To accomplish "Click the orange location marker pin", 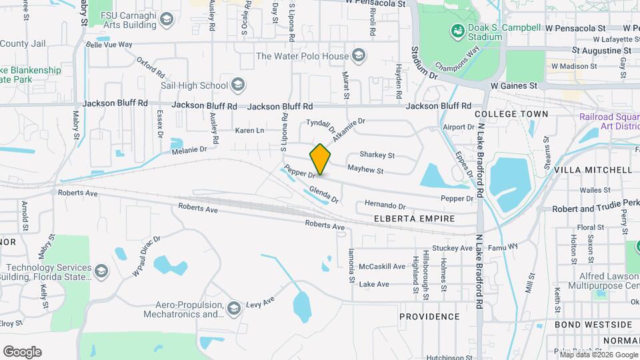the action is (x=320, y=159).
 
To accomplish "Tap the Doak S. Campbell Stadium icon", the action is (x=457, y=31).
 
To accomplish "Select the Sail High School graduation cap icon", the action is (x=239, y=85).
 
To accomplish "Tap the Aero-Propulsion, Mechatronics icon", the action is (x=233, y=308).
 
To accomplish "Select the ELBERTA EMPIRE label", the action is (x=414, y=219).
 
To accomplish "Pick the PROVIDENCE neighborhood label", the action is (x=429, y=317).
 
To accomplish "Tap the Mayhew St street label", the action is (x=365, y=171).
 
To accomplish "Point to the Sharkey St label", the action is (x=377, y=155).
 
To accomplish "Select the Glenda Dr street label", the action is (x=324, y=195).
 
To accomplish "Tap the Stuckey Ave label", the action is (x=452, y=248).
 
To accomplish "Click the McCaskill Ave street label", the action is (x=382, y=267).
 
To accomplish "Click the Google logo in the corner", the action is (x=22, y=351).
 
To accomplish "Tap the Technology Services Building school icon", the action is (x=100, y=271).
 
